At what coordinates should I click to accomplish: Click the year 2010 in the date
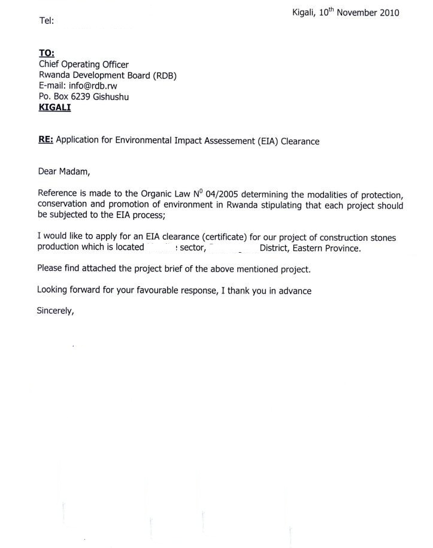coord(387,13)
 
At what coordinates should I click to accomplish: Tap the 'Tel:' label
coord(47,21)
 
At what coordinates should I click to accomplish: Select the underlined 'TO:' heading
coord(47,54)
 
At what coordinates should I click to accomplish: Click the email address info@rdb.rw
coord(93,86)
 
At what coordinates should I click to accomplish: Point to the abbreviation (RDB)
coord(164,75)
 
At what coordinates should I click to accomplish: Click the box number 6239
coord(80,96)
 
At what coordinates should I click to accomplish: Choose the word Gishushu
coord(111,96)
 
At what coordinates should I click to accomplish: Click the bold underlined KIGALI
coord(54,107)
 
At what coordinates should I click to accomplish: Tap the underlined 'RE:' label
coord(46,141)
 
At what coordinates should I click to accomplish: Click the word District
coord(274,247)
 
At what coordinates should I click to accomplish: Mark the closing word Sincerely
coord(55,311)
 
